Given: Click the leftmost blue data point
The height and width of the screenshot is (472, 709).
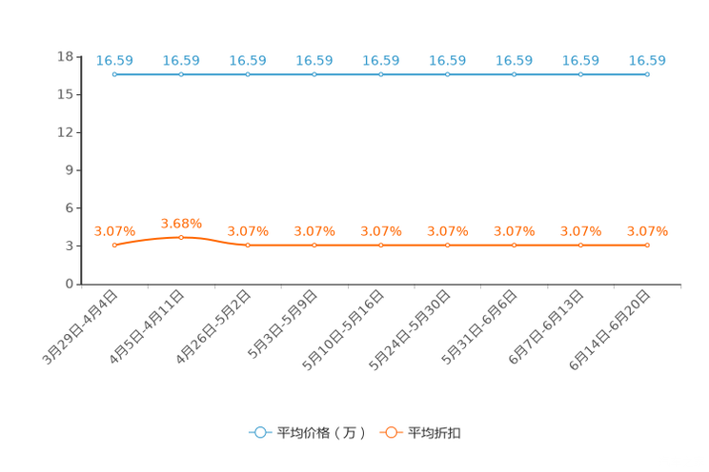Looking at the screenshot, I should [114, 74].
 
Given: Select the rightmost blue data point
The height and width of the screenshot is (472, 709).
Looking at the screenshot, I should [647, 74].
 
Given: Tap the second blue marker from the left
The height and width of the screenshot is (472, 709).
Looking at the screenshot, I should [181, 74].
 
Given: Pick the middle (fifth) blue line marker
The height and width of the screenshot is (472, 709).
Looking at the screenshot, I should [381, 74].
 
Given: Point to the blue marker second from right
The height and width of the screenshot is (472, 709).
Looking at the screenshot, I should [580, 74].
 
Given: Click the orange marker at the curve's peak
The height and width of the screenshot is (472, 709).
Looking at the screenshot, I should [181, 237].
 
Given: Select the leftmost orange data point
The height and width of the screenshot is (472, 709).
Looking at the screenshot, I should [114, 246].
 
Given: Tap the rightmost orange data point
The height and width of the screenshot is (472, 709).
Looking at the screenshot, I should [647, 246].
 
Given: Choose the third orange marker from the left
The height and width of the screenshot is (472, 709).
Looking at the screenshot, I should [248, 246].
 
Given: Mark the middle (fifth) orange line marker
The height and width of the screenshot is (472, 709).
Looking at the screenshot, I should [381, 246].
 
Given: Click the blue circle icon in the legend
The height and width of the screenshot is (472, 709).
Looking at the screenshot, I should [259, 432].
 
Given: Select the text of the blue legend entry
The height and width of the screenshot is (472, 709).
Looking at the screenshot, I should [321, 433].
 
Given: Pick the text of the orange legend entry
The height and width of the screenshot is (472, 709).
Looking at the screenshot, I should [436, 433].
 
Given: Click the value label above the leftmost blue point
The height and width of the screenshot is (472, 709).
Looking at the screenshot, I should [114, 60].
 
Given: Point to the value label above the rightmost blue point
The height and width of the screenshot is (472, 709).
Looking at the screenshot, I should [647, 60].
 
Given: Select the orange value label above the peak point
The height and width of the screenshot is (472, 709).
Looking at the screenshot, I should [181, 222].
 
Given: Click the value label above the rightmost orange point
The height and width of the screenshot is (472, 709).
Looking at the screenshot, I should [647, 230].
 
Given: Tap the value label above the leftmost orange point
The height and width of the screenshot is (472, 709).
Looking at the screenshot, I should [114, 230].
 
